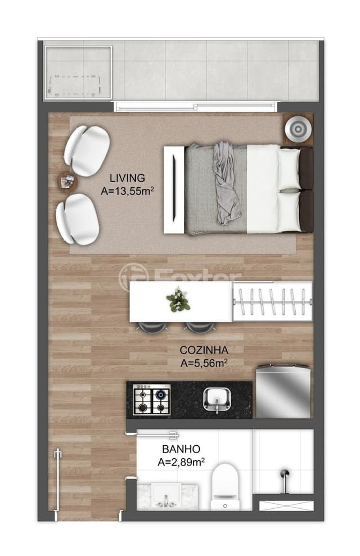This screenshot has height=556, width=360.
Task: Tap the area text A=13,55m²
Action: (127, 191)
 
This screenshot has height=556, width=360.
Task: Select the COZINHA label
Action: (204, 350)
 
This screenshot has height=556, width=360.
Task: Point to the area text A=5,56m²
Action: (204, 363)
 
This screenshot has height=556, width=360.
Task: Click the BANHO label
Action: (181, 449)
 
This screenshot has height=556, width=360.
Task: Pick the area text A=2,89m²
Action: (181, 462)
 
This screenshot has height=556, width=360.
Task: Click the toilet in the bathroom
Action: (225, 486)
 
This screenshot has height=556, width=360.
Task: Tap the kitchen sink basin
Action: (217, 400)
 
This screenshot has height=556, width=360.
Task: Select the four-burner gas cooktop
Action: (151, 400)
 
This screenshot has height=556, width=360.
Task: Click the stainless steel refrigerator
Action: (283, 391)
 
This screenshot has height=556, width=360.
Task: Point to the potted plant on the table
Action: (178, 300)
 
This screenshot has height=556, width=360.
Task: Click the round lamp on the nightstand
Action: (298, 129)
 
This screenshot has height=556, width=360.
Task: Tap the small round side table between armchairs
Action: (67, 182)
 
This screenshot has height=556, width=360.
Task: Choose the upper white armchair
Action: (87, 151)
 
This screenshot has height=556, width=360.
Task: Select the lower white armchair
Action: (77, 219)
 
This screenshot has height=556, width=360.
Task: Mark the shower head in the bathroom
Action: (285, 473)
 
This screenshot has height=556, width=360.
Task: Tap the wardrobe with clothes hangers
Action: (272, 301)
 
